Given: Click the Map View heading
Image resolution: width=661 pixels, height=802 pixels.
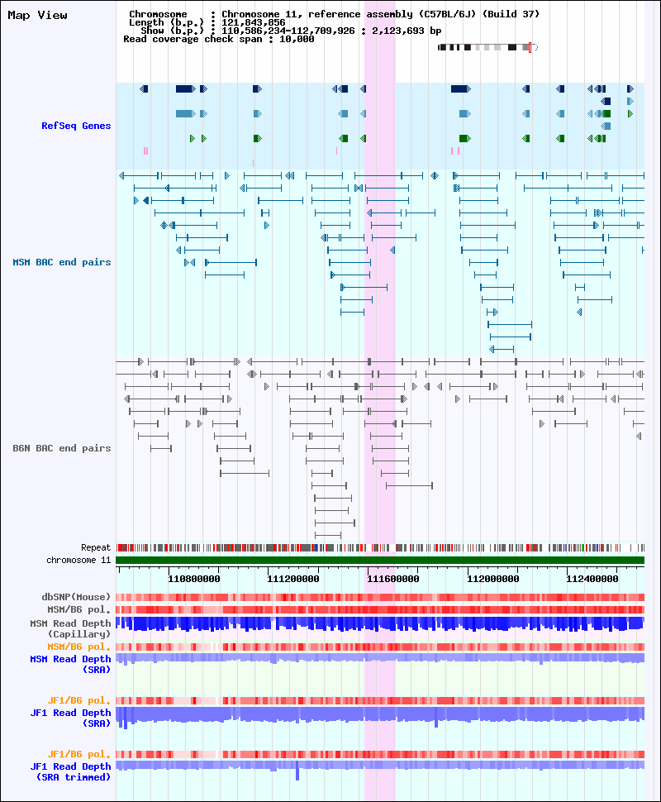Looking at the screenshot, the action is [x=37, y=16].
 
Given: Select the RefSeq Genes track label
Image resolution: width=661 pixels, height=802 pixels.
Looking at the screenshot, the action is [x=76, y=126].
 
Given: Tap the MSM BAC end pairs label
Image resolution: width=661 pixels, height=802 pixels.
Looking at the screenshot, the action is [x=62, y=262].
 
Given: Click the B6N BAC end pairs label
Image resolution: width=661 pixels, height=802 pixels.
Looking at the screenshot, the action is [x=62, y=449].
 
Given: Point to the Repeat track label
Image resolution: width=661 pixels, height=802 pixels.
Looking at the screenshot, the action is [x=96, y=548].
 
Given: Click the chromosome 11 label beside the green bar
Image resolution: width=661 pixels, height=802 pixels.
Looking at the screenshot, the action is [x=78, y=560].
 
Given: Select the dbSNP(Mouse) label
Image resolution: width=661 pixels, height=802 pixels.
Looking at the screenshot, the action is [x=76, y=597].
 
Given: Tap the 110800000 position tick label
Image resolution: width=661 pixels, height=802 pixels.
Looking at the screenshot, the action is [x=194, y=579].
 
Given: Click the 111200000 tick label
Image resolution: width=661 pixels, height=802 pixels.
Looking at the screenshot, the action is [x=293, y=579].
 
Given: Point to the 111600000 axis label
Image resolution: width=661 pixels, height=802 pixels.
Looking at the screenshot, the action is [x=393, y=579].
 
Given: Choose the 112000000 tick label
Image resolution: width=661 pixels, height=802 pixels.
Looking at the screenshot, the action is [x=492, y=579].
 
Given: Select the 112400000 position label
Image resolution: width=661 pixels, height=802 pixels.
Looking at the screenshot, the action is [x=592, y=579].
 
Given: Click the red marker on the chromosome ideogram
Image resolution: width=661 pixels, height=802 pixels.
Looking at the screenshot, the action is [x=530, y=48].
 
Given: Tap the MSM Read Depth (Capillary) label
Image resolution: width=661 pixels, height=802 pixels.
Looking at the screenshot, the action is [x=70, y=628].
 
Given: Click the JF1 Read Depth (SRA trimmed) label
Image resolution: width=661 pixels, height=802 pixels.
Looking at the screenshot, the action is [x=70, y=772].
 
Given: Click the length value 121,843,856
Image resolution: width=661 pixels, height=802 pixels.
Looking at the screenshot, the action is [x=254, y=22].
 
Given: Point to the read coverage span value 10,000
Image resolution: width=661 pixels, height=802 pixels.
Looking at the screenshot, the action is [x=297, y=40].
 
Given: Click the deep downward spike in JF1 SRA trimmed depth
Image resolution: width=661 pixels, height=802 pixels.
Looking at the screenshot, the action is [x=297, y=773].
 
